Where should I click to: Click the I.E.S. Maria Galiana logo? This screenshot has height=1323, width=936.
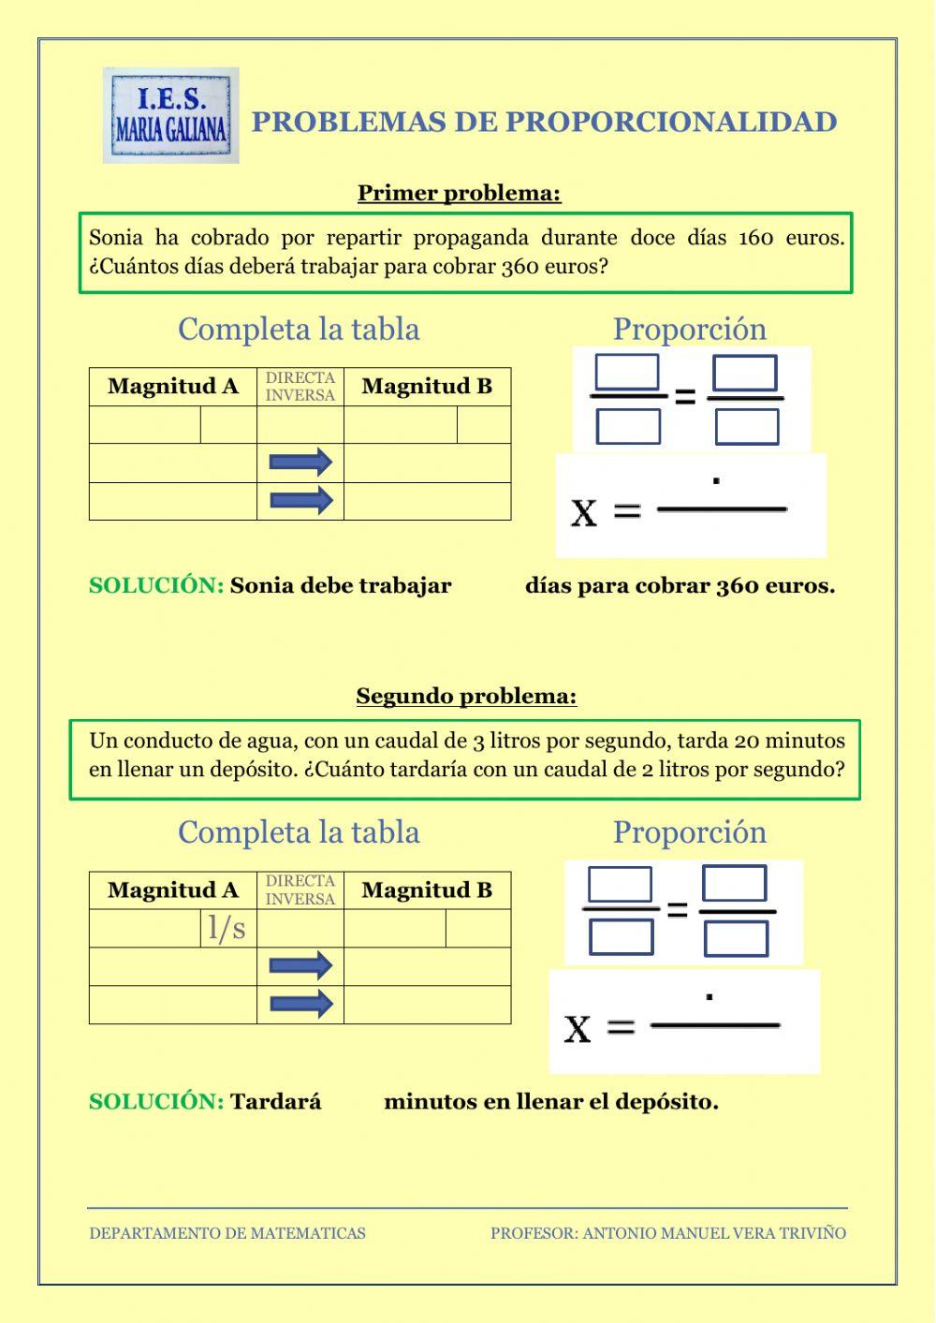170,116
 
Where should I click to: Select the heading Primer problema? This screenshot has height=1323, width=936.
459,194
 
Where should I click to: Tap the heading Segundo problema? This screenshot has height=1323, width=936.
466,697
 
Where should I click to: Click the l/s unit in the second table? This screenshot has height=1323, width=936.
227,928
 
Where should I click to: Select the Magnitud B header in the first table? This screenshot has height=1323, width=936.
427,387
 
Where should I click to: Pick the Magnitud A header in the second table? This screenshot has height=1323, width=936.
173,890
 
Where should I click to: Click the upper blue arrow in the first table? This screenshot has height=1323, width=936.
300,463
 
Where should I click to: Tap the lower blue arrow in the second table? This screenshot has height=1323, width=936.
300,1005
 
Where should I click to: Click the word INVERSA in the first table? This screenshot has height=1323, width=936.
300,396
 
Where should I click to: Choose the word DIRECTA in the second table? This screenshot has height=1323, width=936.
300,881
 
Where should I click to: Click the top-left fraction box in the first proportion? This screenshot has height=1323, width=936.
627,373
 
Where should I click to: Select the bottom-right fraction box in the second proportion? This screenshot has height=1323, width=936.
736,938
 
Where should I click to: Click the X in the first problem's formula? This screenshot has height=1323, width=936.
584,512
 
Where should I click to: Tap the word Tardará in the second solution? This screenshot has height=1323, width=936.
276,1102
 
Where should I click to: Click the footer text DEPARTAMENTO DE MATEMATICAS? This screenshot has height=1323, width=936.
227,1234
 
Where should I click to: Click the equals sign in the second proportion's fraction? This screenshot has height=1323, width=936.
677,909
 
